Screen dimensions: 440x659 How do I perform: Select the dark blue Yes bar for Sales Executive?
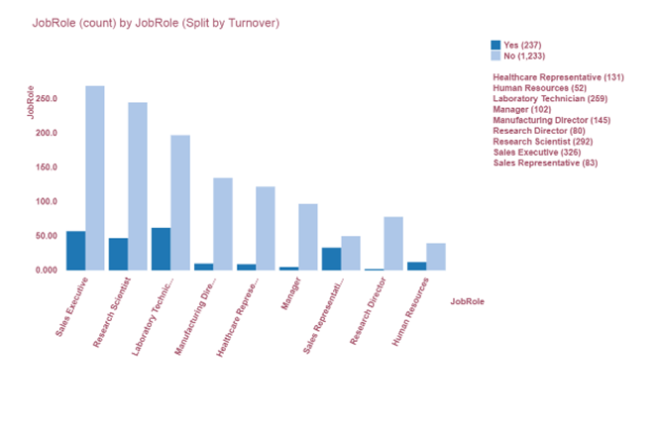[75, 251]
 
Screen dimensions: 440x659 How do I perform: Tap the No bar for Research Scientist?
[138, 186]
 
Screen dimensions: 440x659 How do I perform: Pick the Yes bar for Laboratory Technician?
[161, 249]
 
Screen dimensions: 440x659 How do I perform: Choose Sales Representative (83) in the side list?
[545, 163]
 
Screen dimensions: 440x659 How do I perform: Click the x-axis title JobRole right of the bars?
[467, 300]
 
